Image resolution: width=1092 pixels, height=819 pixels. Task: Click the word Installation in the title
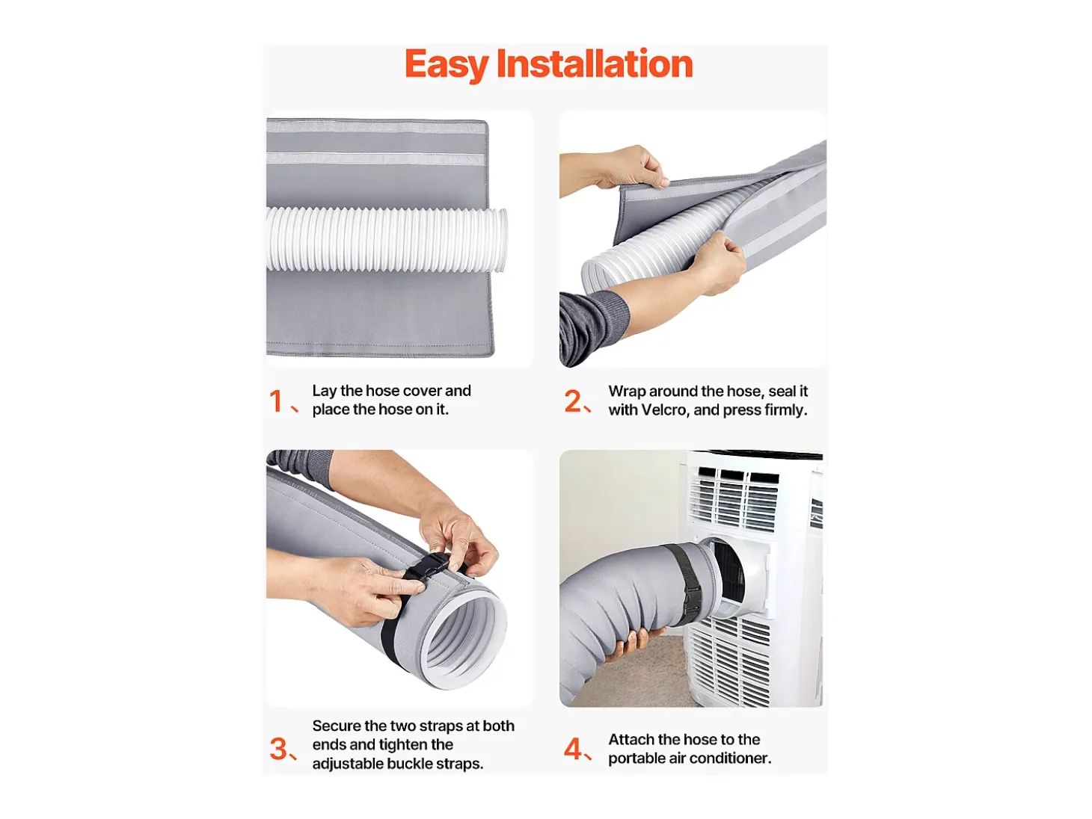point(595,64)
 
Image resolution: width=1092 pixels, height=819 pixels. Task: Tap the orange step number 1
point(275,401)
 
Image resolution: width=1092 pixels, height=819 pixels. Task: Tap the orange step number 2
point(573,401)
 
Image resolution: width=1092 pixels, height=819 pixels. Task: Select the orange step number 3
point(278,749)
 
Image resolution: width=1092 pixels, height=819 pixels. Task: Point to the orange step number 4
point(573,749)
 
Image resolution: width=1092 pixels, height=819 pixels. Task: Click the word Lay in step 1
point(325,391)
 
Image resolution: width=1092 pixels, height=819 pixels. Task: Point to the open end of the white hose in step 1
point(501,241)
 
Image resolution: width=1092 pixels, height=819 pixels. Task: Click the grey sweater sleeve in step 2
point(593,326)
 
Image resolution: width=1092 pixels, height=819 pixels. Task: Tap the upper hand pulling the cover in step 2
point(633,167)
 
